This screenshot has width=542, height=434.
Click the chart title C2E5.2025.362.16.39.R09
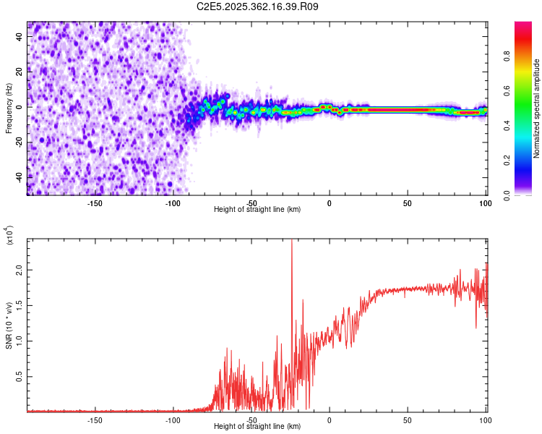pos(258,7)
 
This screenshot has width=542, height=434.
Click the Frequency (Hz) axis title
pos(9,109)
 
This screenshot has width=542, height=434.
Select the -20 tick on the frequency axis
pos(20,142)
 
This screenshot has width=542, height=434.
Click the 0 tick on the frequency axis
pos(20,107)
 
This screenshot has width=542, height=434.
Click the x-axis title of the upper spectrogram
pos(257,210)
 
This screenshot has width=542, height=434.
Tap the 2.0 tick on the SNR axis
pos(20,268)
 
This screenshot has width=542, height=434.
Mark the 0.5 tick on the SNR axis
pos(20,377)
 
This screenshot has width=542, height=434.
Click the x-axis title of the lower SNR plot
pos(257,427)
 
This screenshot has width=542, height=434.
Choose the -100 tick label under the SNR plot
pos(173,419)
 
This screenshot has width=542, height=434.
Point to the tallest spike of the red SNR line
pos(291,242)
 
